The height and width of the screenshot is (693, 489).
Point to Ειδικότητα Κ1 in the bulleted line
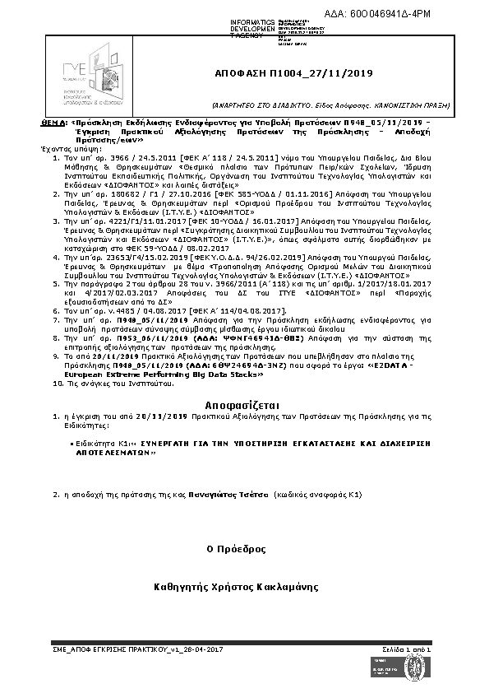coord(93,442)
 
